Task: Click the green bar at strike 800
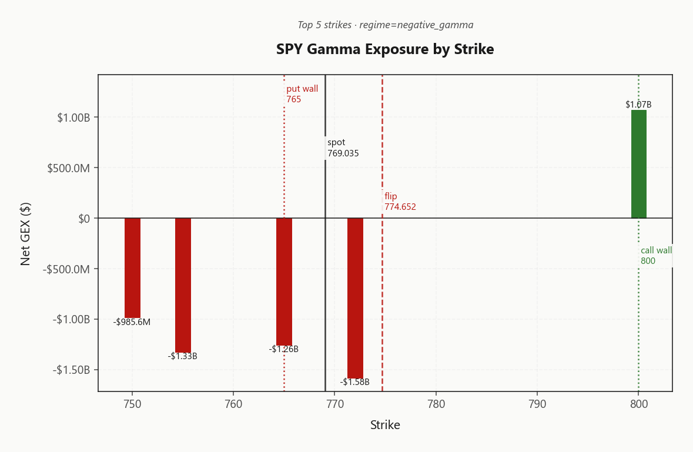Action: pos(639,164)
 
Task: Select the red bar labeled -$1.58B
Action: pos(356,298)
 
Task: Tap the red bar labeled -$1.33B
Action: pos(183,286)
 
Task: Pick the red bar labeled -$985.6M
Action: pos(133,268)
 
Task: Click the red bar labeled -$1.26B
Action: pos(284,282)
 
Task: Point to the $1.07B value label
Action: pos(639,105)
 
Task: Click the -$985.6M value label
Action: pos(132,322)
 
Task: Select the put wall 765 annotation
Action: pos(302,93)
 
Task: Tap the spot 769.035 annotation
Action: pos(343,148)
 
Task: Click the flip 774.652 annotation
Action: pos(400,202)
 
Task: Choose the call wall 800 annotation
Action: pos(657,255)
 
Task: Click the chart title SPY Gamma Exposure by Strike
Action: pos(385,49)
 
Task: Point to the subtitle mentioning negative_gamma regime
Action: pos(386,25)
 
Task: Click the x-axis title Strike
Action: pos(385,425)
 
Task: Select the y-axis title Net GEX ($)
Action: pos(25,234)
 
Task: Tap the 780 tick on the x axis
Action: pos(436,404)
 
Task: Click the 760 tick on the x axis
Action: pos(233,404)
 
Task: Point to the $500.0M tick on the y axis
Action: pos(69,168)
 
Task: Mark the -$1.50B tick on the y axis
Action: pos(71,370)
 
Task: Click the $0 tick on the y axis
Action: pos(84,219)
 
